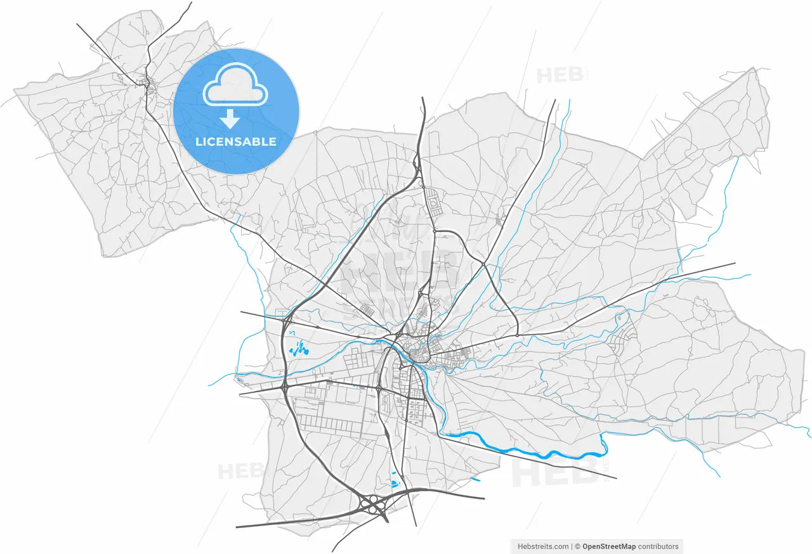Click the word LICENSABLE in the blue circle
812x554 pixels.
click(x=235, y=141)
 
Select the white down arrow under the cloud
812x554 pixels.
click(x=230, y=119)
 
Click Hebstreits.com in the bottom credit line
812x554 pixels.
click(x=544, y=546)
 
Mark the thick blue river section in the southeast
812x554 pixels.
click(x=527, y=451)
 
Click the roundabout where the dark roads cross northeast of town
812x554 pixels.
click(x=483, y=264)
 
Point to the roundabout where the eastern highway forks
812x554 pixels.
click(x=517, y=335)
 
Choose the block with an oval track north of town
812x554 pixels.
click(x=435, y=202)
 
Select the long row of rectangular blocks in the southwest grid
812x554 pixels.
click(x=330, y=421)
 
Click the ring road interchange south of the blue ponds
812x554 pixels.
click(x=285, y=385)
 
